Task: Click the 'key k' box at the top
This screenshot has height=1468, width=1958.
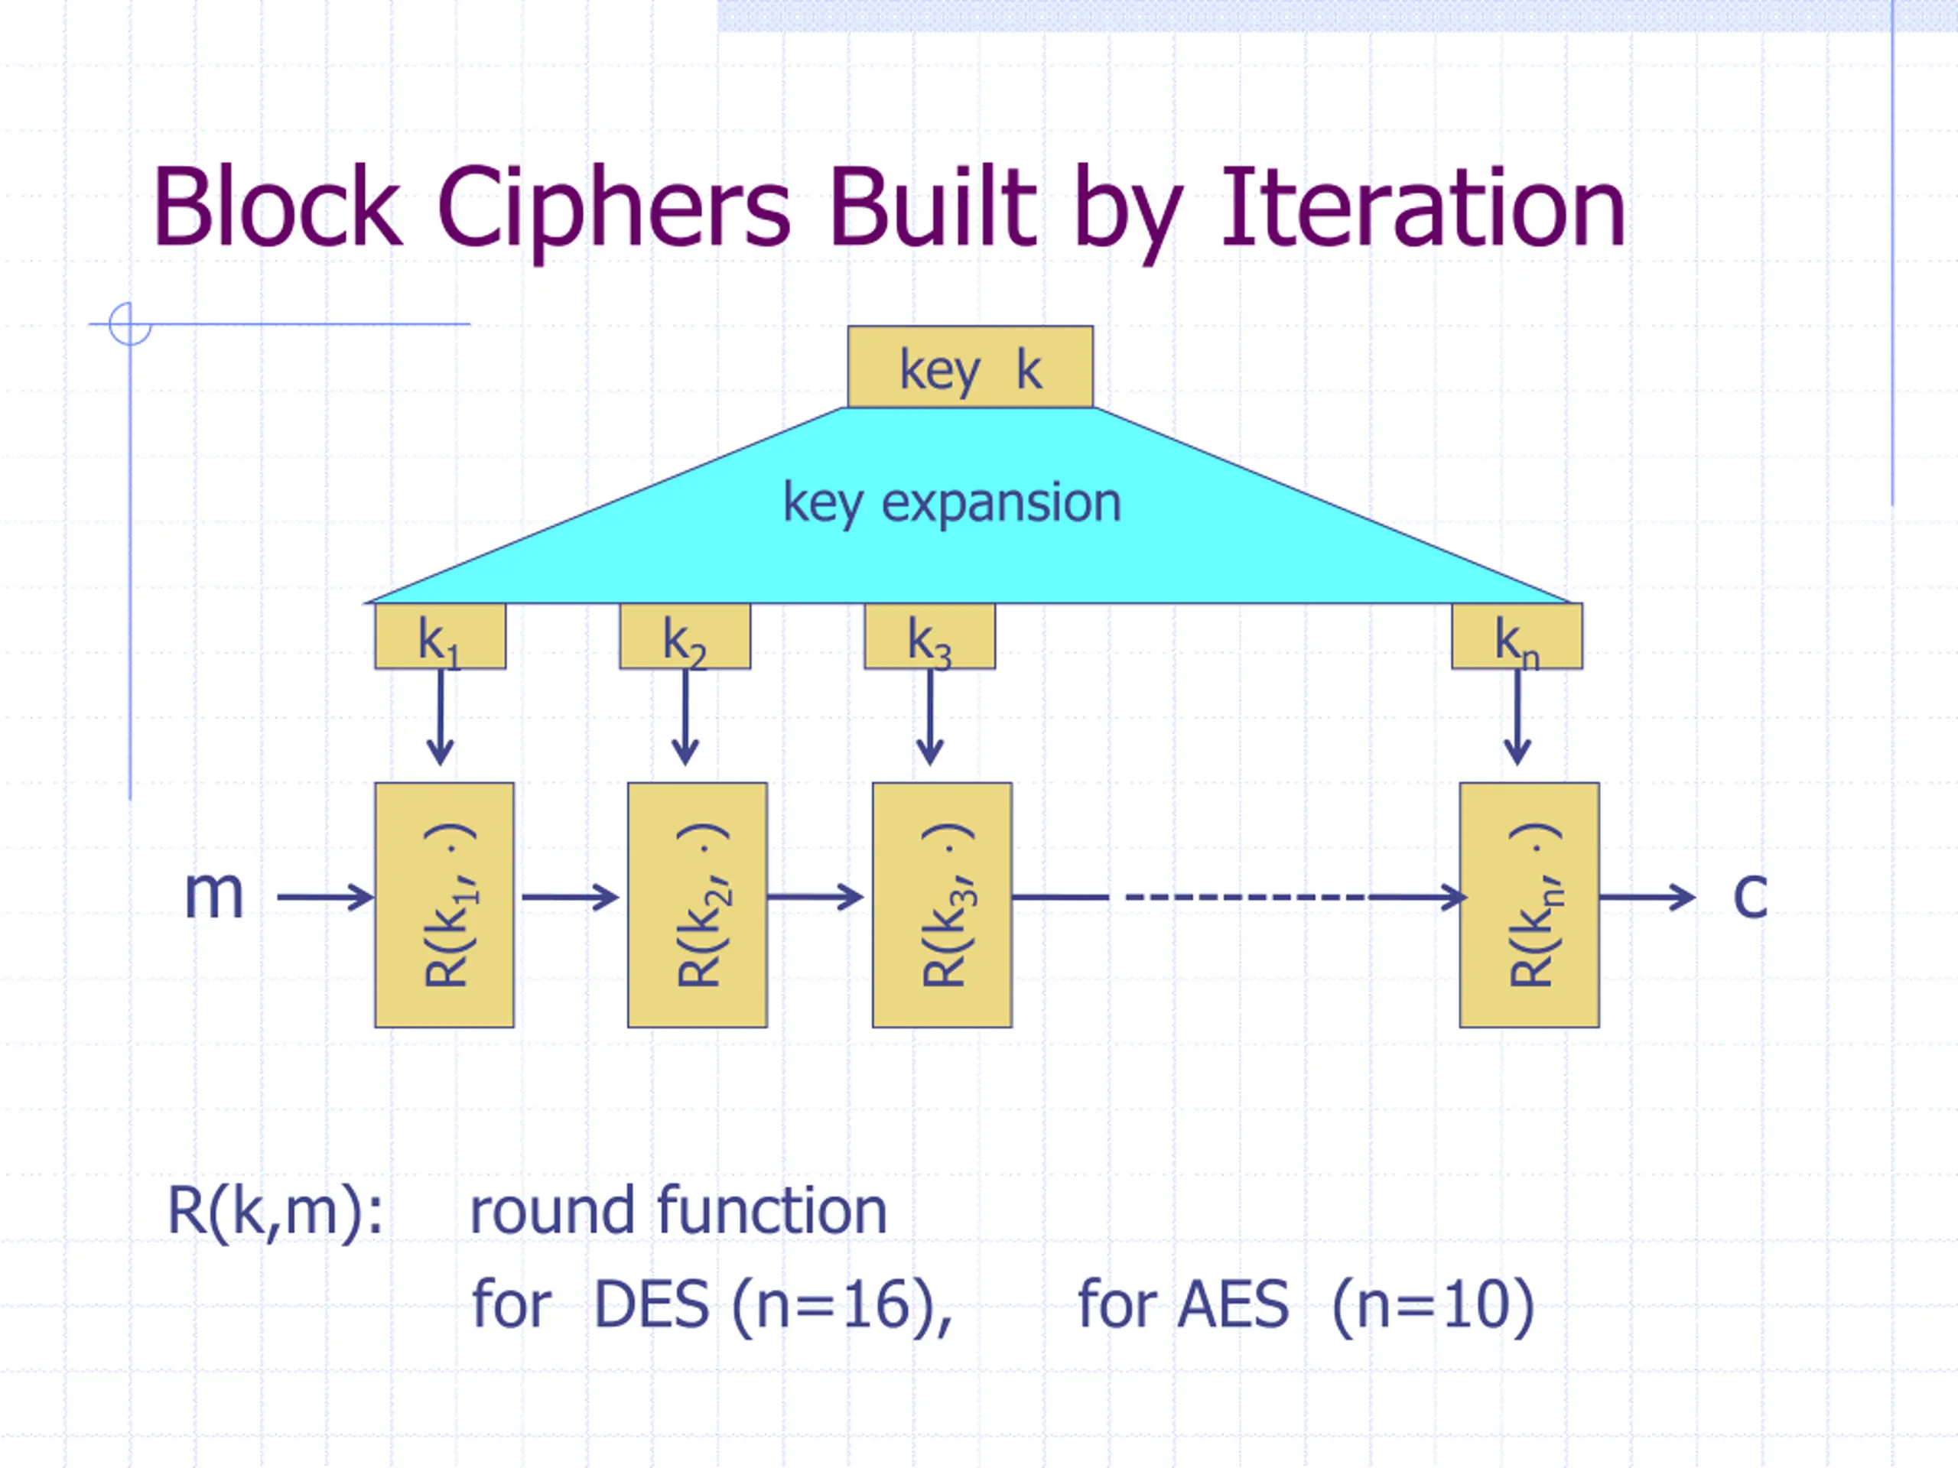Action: click(970, 367)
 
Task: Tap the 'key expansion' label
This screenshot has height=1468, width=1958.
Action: click(952, 502)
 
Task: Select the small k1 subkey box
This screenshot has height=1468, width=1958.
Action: click(440, 636)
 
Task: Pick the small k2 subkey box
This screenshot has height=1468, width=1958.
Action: click(685, 636)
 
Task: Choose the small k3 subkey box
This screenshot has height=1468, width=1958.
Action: click(929, 636)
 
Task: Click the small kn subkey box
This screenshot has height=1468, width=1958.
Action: click(1517, 636)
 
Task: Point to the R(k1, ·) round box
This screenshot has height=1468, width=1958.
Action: click(444, 905)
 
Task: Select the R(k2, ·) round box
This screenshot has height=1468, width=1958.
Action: click(698, 905)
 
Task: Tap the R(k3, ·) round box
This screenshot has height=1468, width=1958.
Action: click(942, 905)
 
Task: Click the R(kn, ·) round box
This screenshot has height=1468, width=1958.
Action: click(1530, 905)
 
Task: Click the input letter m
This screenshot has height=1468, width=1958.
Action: click(213, 895)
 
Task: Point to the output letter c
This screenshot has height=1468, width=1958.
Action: click(1750, 895)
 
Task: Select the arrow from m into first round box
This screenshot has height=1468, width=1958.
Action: click(326, 898)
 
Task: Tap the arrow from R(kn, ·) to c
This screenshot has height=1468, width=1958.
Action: click(1647, 898)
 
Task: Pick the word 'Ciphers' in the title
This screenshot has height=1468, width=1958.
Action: click(613, 213)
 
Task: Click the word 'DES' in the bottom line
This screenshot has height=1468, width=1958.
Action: click(652, 1305)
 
